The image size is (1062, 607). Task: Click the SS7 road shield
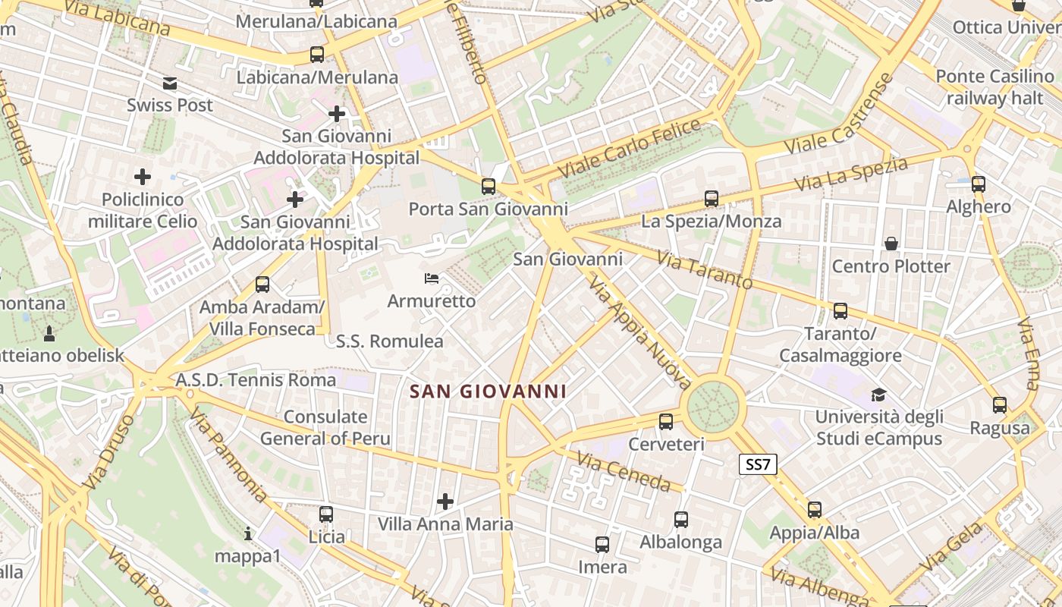pos(758,464)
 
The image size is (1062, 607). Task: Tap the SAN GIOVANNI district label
pos(488,392)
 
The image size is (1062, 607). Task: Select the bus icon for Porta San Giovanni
pos(489,186)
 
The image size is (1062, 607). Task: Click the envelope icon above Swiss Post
pos(170,83)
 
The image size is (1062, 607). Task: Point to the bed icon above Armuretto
pos(432,278)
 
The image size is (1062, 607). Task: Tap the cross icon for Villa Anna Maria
pos(445,501)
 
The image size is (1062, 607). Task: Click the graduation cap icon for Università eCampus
pos(878,395)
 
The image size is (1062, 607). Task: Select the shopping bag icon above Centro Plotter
pos(891,244)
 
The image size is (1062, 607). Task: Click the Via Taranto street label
pos(705,271)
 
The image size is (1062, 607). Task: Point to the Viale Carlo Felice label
pos(629,149)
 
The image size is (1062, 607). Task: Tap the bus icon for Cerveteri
pos(666,421)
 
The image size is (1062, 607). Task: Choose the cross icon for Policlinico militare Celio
pos(143,177)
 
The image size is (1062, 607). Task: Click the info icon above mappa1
pos(247,533)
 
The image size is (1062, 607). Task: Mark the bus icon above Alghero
pos(979,184)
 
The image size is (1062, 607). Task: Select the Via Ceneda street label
pos(624,471)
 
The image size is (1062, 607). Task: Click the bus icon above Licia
pos(326,514)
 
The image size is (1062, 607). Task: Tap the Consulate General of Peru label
pos(325,428)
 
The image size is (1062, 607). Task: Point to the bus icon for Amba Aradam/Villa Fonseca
pos(262,285)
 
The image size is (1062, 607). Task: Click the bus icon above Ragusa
pos(1000,405)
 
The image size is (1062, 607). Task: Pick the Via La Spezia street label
pos(850,175)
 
